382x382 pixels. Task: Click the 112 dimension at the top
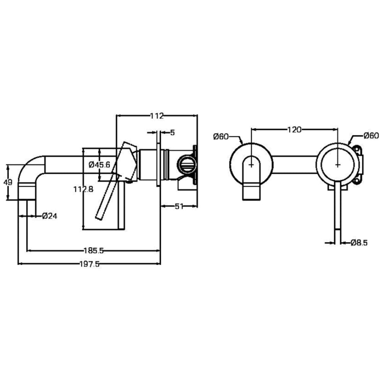click(157, 116)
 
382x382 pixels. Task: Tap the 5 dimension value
click(173, 133)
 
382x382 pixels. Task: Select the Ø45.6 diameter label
click(99, 165)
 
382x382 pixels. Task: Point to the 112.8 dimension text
click(83, 189)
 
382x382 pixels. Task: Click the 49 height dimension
click(8, 182)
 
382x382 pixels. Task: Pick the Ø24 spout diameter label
click(50, 216)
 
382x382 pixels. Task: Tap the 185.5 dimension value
click(94, 250)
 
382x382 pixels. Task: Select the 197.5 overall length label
click(90, 264)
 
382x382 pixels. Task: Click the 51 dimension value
click(179, 206)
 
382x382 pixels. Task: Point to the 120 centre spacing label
click(295, 130)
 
